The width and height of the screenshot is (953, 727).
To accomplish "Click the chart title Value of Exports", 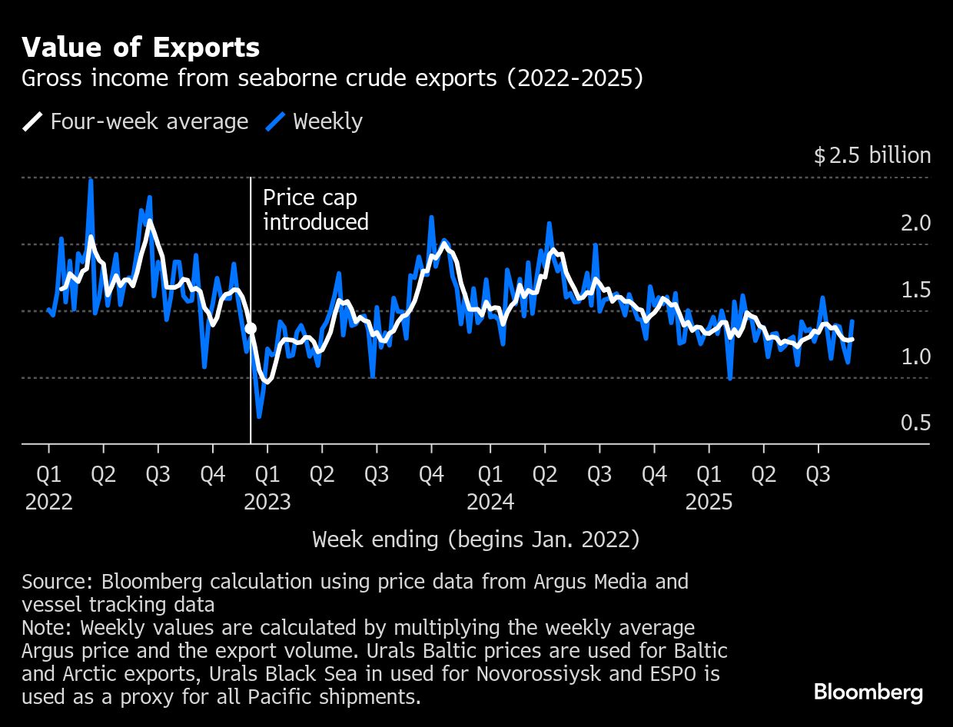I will pos(141,48).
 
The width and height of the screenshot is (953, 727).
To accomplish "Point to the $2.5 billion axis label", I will pos(872,156).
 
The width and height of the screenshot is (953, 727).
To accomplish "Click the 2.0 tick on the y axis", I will pos(915,223).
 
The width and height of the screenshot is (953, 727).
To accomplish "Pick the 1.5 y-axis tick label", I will pos(915,290).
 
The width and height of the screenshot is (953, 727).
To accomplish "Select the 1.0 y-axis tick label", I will pos(915,357).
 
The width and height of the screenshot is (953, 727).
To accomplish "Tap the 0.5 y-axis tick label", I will pos(915,423).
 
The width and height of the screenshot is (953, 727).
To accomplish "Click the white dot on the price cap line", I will pos(251,329).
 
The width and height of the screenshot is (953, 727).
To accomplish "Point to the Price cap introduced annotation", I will pos(315,210).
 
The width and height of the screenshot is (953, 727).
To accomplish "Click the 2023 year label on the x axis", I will pos(267,503).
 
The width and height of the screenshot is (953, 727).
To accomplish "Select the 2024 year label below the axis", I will pos(490,503).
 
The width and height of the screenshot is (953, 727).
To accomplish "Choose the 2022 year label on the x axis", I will pos(48,503).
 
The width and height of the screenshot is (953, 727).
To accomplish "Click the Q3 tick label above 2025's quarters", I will pos(818,475).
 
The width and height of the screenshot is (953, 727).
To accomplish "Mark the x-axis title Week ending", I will pos(476,539).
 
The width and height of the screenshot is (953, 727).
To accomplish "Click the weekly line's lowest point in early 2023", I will pos(259,417).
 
